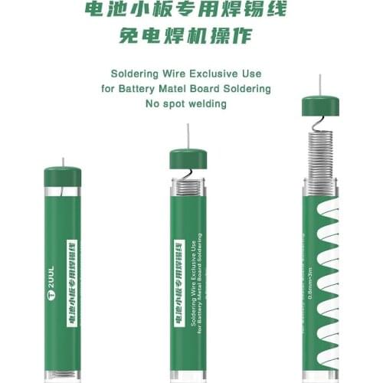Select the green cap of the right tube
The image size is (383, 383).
320,105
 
